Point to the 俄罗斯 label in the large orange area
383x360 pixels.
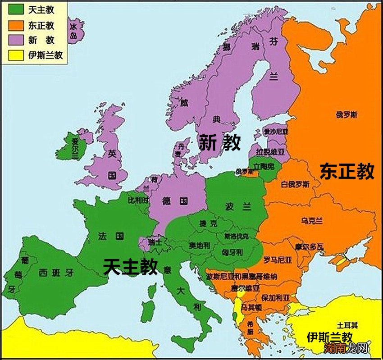point(347,115)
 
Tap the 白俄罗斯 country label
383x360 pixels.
point(295,184)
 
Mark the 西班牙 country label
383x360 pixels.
point(56,272)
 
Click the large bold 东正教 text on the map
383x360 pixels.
point(347,172)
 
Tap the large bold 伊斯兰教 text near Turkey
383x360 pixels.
point(329,337)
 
